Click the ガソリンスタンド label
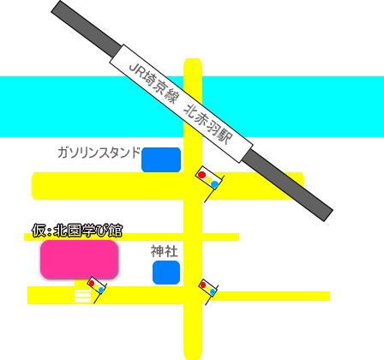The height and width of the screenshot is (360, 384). (x=99, y=153)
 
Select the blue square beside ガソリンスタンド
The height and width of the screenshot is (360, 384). (x=161, y=160)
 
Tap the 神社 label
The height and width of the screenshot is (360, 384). (x=165, y=251)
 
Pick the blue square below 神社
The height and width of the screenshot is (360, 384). (x=166, y=273)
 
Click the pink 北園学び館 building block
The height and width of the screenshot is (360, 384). (x=79, y=260)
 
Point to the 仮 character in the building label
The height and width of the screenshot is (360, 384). (x=39, y=231)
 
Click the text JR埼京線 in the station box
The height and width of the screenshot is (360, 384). (x=153, y=83)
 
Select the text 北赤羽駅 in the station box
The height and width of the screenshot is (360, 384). (x=207, y=124)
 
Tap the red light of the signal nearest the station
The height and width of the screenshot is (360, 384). (x=201, y=175)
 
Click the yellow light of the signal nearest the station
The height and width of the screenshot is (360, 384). (x=208, y=180)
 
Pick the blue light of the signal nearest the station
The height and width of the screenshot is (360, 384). (x=214, y=184)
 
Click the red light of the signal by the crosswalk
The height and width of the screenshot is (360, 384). (x=92, y=283)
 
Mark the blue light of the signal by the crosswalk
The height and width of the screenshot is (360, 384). (x=101, y=290)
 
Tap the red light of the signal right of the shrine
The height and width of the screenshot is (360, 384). (x=203, y=285)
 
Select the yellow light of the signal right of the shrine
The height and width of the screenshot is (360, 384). (x=207, y=289)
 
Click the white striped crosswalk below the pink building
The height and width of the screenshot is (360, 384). (x=82, y=296)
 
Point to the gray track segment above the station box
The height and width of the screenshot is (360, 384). (x=86, y=29)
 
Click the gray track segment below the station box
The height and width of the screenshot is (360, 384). (x=287, y=185)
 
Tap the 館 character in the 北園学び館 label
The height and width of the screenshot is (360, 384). (x=115, y=231)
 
